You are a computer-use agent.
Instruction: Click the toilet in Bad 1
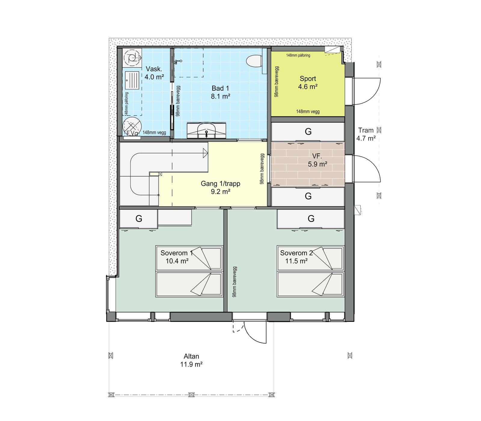click(254, 61)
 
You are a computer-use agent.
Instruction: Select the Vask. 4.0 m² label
click(154, 73)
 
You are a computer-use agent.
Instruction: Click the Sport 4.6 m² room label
click(308, 83)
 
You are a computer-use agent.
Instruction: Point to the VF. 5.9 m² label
click(317, 160)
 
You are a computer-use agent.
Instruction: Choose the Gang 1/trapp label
click(220, 187)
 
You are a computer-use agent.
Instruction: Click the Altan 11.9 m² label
click(191, 360)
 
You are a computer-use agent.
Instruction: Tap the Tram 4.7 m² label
click(366, 134)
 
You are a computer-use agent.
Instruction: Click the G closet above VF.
click(308, 132)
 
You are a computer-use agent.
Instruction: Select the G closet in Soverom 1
click(139, 219)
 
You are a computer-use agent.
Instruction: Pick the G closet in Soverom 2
click(311, 219)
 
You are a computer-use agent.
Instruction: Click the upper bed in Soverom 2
click(310, 258)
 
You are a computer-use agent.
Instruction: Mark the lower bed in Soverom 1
click(189, 284)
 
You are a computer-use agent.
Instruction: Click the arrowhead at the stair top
click(206, 153)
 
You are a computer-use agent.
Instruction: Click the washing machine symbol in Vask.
click(132, 58)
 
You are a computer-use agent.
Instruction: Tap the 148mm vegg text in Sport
click(308, 111)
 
